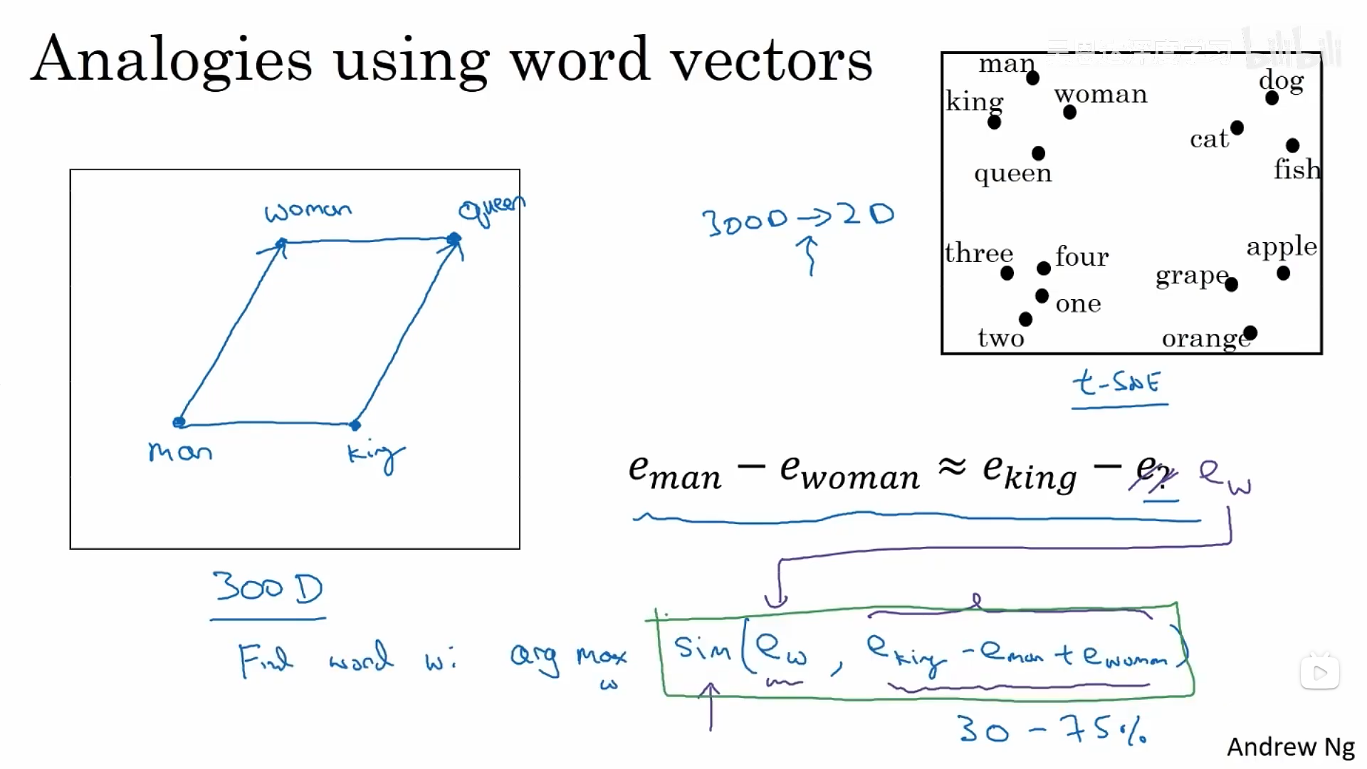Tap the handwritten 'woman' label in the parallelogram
(x=308, y=211)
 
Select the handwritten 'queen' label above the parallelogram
(x=491, y=209)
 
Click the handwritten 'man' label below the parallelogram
(x=180, y=451)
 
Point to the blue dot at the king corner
(x=355, y=425)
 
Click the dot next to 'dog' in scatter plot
(x=1272, y=98)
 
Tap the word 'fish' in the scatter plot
(x=1297, y=169)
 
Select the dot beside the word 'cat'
(x=1237, y=128)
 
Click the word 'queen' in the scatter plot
(x=1012, y=173)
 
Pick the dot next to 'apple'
(x=1283, y=273)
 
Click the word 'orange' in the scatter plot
(x=1205, y=338)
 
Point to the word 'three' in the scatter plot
(x=979, y=253)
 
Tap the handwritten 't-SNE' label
(x=1116, y=383)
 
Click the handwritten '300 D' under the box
(x=268, y=588)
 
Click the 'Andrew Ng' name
(x=1290, y=747)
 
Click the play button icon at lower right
(x=1320, y=672)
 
